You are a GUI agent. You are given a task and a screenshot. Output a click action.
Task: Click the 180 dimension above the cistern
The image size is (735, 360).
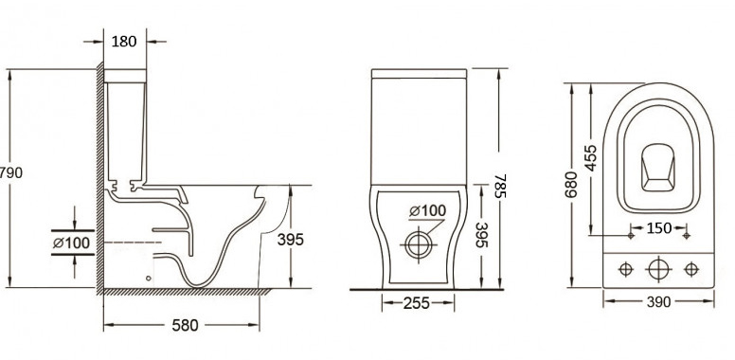[124, 42]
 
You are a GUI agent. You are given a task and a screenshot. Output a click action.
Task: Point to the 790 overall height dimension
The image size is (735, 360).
[10, 173]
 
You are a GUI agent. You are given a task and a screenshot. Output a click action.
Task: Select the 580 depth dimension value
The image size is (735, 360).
[185, 325]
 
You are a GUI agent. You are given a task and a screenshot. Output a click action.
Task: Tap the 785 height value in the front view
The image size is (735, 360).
[500, 186]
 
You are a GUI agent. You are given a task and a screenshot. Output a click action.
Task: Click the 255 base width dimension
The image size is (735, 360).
[416, 303]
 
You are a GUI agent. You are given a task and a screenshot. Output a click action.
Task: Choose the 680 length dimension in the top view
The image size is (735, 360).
[571, 184]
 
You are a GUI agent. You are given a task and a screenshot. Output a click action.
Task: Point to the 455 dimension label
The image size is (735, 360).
[591, 158]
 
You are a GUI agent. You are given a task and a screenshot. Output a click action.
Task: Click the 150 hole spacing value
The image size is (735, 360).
[659, 228]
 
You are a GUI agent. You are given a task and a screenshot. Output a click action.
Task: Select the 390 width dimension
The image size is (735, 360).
[658, 302]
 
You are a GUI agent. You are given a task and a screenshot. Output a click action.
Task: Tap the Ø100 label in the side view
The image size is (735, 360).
[71, 243]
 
